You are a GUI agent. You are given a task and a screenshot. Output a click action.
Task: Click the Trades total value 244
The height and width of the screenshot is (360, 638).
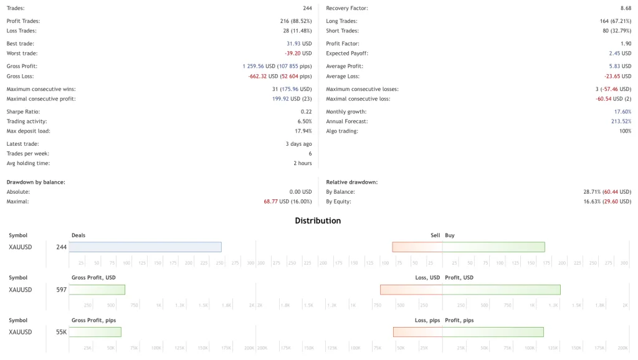click(x=307, y=8)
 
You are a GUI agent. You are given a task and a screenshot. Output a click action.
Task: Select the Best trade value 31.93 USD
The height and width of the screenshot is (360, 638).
click(x=299, y=44)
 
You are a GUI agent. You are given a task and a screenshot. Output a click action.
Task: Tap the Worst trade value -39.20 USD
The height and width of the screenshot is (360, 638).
click(x=298, y=54)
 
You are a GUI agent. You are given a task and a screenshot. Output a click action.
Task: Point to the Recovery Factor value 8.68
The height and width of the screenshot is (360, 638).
click(x=626, y=8)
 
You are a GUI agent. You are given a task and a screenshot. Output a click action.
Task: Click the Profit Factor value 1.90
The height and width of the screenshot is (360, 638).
click(x=626, y=44)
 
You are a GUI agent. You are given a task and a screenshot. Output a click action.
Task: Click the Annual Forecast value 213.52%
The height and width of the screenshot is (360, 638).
click(x=621, y=121)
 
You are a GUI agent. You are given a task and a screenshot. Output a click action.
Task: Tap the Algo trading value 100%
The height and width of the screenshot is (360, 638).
click(x=625, y=131)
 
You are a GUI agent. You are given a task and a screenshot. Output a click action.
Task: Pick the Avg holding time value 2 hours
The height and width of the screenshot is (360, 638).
click(x=303, y=164)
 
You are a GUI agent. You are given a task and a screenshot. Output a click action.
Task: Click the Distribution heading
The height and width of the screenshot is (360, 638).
click(x=318, y=220)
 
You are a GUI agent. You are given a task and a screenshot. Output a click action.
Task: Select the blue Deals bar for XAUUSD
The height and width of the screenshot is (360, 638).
click(x=145, y=247)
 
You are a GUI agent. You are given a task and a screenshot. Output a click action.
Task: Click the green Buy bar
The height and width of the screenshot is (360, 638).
click(x=493, y=247)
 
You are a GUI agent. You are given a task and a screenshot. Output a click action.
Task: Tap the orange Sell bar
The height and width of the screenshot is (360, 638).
click(x=417, y=247)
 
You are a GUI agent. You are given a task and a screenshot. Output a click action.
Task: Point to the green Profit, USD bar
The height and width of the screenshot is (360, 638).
click(x=501, y=290)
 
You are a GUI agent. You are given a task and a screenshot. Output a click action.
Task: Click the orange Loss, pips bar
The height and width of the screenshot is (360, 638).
click(x=417, y=332)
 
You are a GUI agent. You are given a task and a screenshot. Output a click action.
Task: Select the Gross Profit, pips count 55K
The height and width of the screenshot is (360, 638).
click(x=61, y=332)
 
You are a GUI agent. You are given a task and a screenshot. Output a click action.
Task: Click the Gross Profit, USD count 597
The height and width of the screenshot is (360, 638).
click(x=61, y=290)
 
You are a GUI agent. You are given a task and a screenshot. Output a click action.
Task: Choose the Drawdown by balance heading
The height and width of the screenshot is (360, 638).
click(x=36, y=182)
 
